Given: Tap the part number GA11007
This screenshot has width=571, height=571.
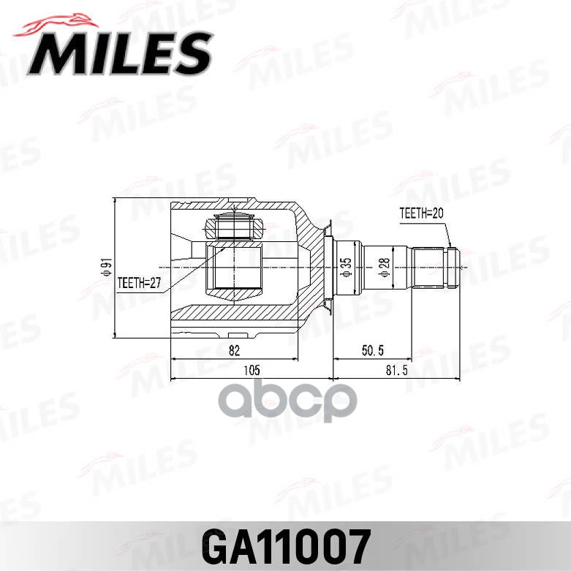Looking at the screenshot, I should click(x=286, y=545).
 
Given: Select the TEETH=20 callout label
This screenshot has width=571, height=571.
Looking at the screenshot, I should click(x=422, y=213).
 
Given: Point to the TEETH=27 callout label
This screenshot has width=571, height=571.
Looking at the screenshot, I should click(x=139, y=281).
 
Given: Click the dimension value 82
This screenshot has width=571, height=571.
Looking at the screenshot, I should click(x=234, y=351).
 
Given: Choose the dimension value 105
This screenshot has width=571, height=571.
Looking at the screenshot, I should click(x=252, y=371).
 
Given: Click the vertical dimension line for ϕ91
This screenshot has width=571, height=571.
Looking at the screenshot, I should click(x=116, y=268).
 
